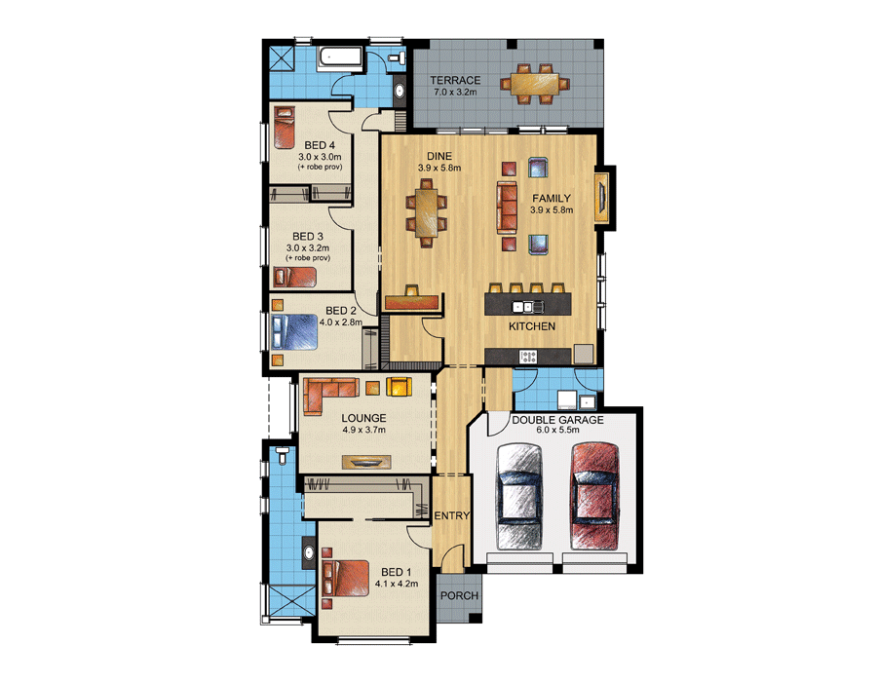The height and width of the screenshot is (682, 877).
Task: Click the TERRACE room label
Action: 455,81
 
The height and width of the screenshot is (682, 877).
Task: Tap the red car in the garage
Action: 594,496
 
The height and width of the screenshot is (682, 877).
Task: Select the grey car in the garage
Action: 519,496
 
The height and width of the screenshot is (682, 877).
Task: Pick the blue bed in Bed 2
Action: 294,332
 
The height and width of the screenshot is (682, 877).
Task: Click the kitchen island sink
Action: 528,306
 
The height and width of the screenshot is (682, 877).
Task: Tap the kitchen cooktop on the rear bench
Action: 528,356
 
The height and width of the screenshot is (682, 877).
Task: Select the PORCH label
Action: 459,596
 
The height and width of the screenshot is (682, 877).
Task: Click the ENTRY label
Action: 452,516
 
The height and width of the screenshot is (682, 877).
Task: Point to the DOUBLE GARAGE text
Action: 557,420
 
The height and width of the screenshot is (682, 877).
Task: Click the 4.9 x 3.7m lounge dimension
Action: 364,430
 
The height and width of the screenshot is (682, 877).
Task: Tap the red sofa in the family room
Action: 507,206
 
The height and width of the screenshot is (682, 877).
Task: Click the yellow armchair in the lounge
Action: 399,386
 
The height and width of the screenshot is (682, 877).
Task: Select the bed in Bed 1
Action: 346,578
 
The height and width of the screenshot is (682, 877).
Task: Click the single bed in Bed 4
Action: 285,128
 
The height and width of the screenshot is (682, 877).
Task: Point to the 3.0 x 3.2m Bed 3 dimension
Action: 308,247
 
